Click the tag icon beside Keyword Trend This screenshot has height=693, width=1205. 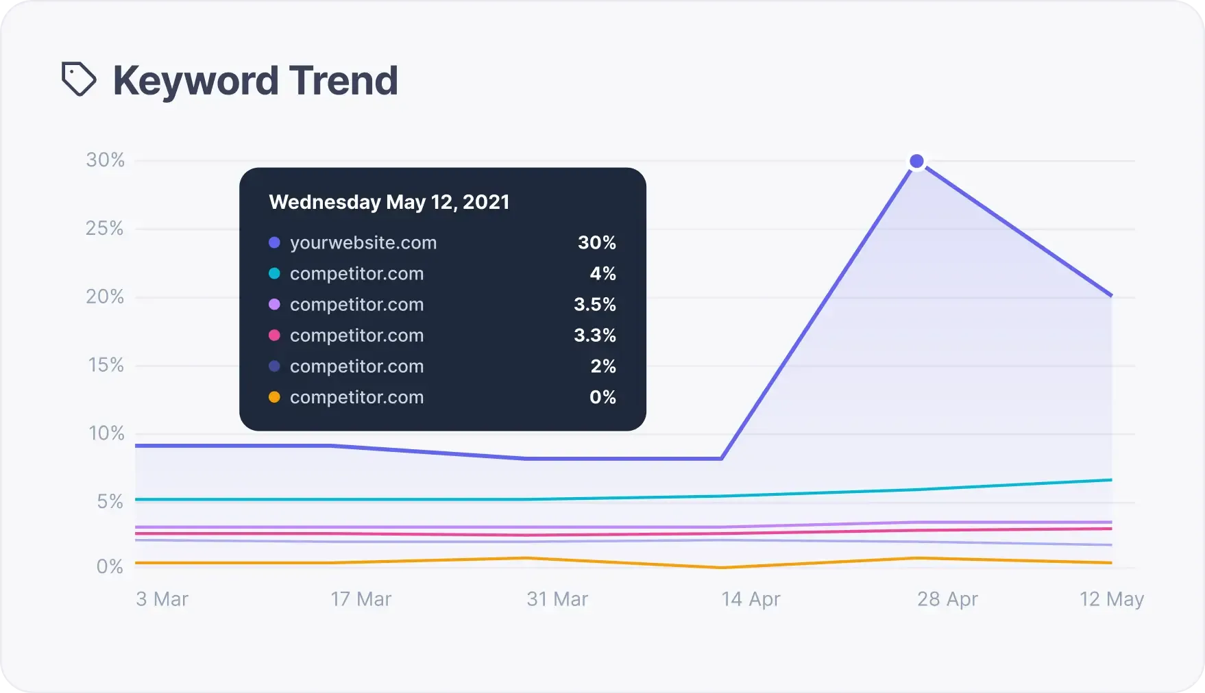point(79,79)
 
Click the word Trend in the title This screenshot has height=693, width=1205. point(343,81)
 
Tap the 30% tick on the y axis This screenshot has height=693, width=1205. point(106,160)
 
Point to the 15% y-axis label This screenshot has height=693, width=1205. point(106,365)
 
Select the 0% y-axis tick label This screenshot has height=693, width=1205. point(110,567)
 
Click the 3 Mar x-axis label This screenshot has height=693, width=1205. point(162,599)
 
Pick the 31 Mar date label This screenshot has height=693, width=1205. point(557,599)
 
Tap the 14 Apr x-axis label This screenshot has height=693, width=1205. point(751,599)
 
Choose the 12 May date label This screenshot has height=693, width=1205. point(1111,599)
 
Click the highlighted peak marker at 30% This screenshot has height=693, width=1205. point(916,162)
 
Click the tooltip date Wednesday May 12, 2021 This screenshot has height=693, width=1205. point(389,202)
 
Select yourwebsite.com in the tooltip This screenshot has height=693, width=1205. point(363,243)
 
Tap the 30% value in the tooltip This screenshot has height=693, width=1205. point(596,243)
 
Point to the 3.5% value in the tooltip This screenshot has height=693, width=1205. point(594,305)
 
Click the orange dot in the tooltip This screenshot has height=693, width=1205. point(274,397)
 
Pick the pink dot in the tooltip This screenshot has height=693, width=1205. point(274,336)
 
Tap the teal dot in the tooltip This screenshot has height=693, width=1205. point(274,274)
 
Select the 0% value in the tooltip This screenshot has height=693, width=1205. point(602,397)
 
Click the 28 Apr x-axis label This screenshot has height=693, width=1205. point(947,599)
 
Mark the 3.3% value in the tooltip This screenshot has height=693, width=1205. point(594,336)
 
